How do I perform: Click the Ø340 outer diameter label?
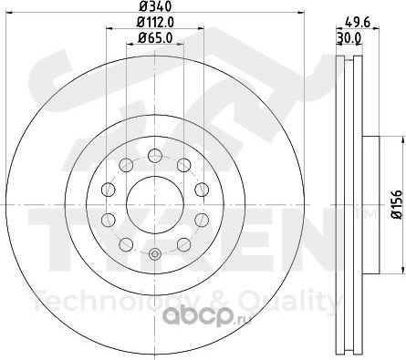[x=155, y=5]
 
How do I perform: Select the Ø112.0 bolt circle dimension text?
[x=155, y=22]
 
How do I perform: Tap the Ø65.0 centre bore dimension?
[x=155, y=38]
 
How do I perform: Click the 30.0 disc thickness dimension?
[x=349, y=38]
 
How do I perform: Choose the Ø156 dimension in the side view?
[x=397, y=204]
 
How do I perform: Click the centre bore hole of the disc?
[x=155, y=204]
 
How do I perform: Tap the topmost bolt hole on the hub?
[x=155, y=156]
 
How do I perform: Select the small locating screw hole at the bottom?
[x=155, y=253]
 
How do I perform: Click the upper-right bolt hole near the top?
[x=183, y=165]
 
